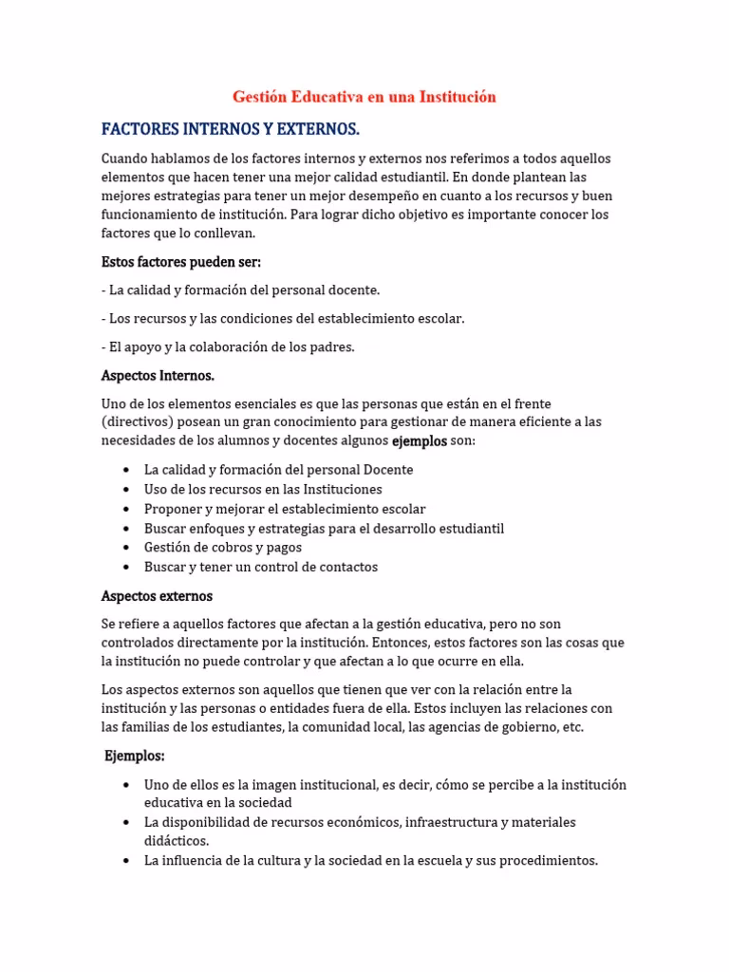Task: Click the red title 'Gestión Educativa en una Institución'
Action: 364,97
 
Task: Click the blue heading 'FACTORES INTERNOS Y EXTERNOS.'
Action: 231,128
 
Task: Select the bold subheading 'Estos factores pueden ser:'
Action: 180,261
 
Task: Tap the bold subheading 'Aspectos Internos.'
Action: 158,376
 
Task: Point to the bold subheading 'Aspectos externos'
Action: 157,596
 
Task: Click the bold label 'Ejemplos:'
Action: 135,757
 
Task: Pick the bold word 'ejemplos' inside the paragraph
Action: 419,441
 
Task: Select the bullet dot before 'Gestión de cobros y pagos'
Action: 127,548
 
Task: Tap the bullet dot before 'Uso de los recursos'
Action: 127,490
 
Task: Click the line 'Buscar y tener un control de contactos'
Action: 261,567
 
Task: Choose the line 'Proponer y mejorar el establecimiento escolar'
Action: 285,509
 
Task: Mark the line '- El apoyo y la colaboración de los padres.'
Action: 228,347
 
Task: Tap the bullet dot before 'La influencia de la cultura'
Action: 127,861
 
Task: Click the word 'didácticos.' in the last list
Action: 177,841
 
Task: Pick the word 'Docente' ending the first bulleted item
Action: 389,470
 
